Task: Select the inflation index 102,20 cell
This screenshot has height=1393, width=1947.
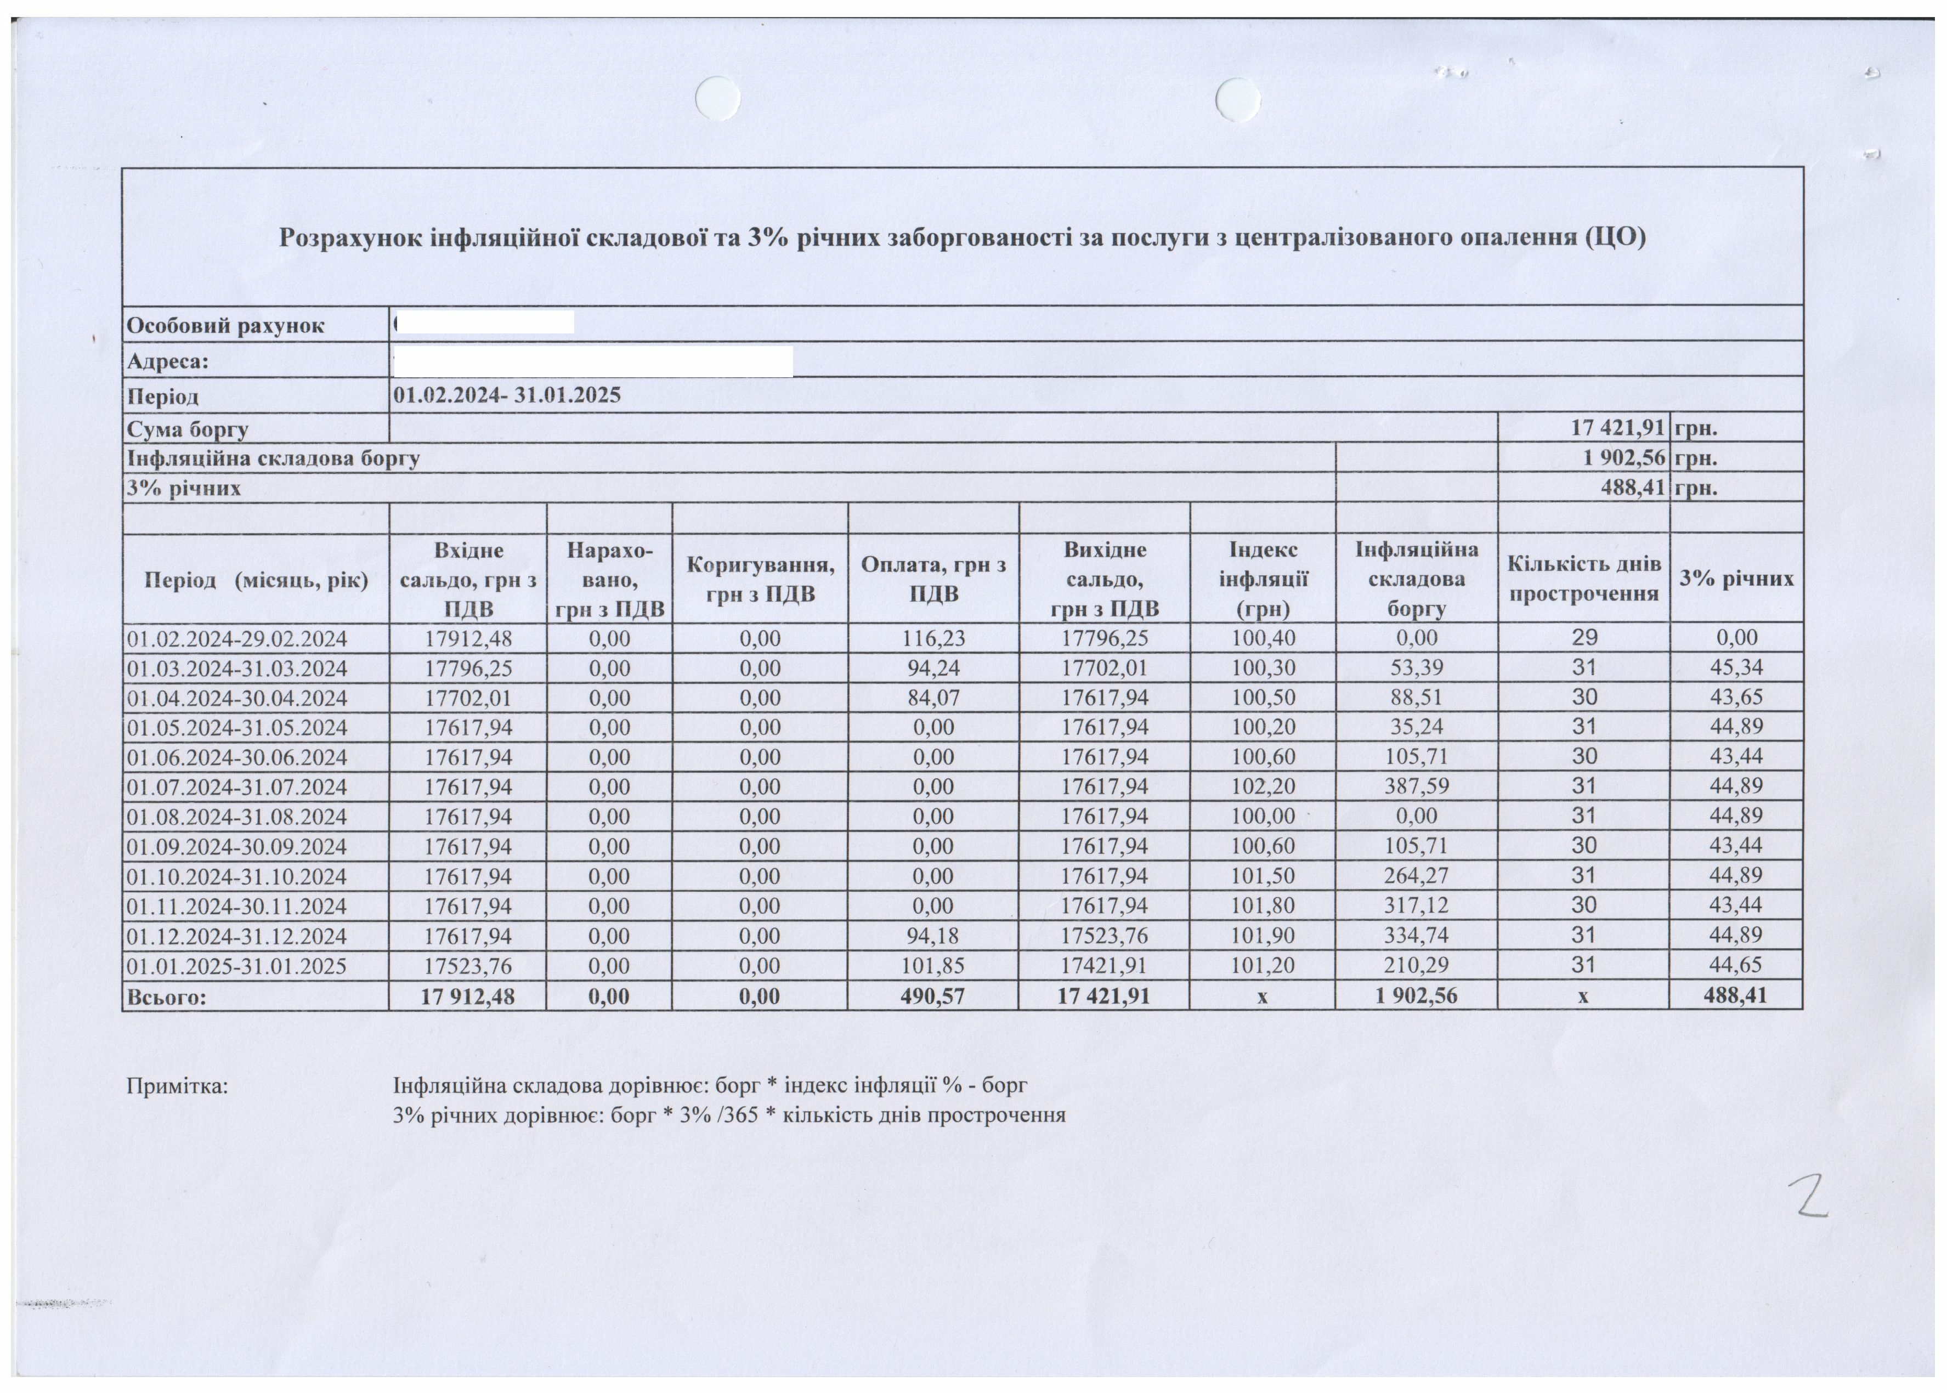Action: pos(1263,786)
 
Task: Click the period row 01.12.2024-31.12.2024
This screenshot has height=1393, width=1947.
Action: pos(237,936)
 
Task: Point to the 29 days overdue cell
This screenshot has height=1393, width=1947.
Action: pos(1583,637)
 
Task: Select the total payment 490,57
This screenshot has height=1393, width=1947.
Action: pos(932,996)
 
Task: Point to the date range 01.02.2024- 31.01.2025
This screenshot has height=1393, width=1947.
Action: pos(507,395)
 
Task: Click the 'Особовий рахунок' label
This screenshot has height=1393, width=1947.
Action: pos(225,326)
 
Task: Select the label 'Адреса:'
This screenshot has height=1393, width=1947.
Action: pos(168,361)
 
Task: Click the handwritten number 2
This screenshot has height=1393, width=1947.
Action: pos(1807,1196)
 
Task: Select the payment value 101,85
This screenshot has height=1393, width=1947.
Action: pos(932,966)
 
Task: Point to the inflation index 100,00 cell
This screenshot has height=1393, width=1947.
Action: pos(1263,816)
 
